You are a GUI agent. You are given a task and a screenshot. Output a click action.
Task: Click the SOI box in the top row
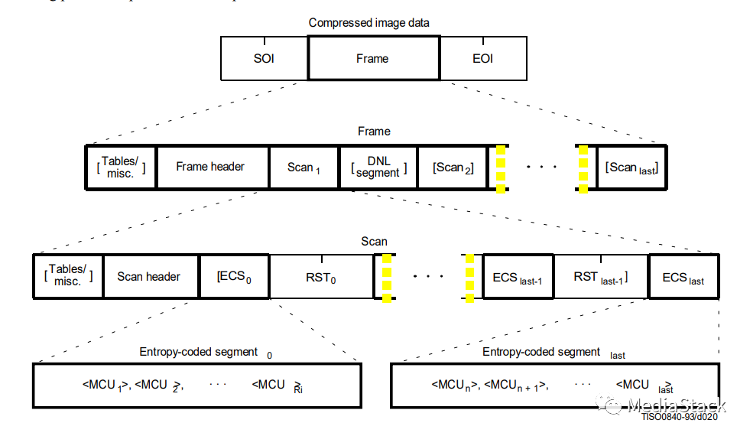point(264,58)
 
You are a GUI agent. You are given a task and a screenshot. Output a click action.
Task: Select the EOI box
point(482,58)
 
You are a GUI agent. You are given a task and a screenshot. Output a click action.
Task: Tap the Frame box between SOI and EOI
point(373,58)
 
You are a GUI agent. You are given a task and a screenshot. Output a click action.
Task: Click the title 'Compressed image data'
point(372,23)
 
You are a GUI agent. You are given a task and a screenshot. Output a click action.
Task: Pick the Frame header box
point(210,167)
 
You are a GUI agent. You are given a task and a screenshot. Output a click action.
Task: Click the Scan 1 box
point(304,167)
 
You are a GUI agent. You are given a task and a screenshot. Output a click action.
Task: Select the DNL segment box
point(378,167)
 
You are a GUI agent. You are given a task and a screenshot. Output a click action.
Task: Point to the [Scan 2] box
point(453,167)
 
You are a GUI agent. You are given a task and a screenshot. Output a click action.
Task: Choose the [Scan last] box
point(631,167)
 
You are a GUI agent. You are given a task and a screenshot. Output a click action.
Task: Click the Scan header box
point(148,276)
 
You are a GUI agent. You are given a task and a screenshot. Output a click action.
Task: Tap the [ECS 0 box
point(234,276)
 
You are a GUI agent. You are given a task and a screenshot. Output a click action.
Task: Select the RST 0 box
point(321,276)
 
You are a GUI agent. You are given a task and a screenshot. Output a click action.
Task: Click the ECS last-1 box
point(517,276)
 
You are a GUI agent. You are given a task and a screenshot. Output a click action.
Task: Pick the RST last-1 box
point(600,276)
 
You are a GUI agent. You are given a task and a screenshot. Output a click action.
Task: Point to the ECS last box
point(683,276)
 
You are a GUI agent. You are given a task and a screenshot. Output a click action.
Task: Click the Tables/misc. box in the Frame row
point(120,167)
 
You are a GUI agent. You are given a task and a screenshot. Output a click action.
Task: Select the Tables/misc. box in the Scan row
point(69,276)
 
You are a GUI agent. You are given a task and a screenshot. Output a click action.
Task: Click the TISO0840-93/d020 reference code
point(679,417)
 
